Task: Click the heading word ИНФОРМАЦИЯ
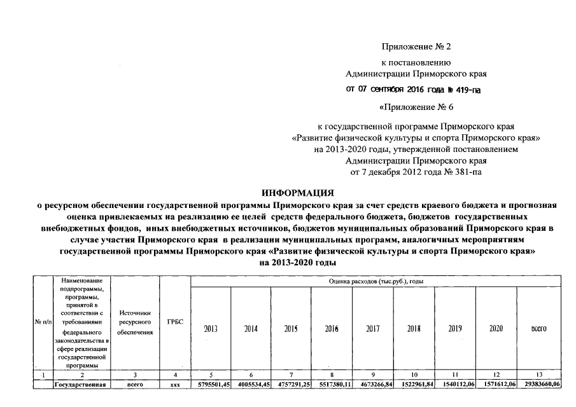point(299,192)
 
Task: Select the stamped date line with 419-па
point(413,89)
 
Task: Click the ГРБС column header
point(175,321)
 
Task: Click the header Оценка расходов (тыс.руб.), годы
point(377,280)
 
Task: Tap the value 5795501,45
point(210,385)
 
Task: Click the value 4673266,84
point(373,385)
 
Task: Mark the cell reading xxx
point(175,385)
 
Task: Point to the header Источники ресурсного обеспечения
point(134,322)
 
